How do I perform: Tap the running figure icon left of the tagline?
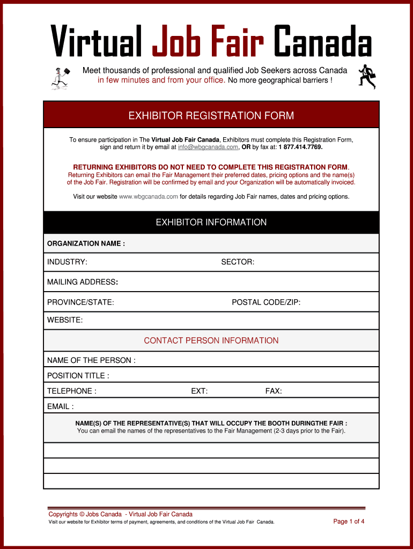pos(61,78)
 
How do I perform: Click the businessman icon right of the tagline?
pos(367,76)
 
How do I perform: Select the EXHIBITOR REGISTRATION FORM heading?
pos(211,116)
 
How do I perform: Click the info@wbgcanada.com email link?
pos(208,147)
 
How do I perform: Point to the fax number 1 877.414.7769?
pos(300,147)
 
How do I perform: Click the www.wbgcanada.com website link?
pos(148,197)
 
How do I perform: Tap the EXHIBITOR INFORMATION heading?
pos(211,222)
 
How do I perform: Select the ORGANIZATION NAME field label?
pos(86,243)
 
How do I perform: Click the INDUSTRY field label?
pos(67,262)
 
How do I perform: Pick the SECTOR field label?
pos(238,262)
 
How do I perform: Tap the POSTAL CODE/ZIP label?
pos(266,302)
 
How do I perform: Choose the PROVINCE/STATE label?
pos(80,302)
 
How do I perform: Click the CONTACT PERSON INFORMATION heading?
pos(211,340)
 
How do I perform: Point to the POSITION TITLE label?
pos(78,376)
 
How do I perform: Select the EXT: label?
pos(200,391)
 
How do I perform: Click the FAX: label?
pos(274,391)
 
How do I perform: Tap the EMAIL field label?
pos(60,406)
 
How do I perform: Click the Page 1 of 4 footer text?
pos(349,521)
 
